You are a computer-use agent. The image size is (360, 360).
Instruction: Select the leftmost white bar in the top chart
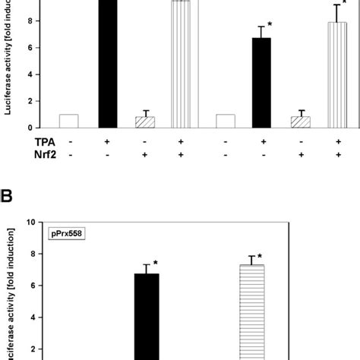68,121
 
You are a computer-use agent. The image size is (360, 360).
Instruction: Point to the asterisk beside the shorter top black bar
270,25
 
